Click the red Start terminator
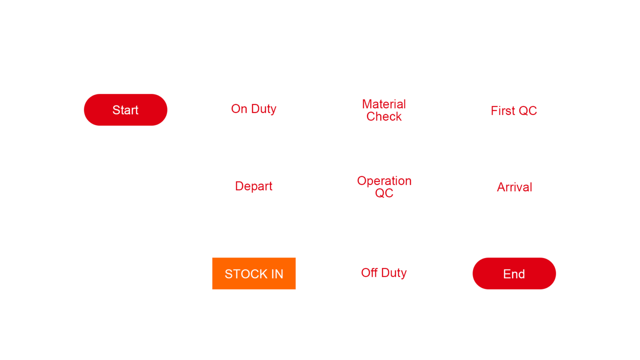click(125, 110)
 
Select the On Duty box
click(254, 110)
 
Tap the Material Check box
click(384, 110)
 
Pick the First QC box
click(514, 110)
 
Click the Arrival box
click(514, 187)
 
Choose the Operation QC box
click(384, 187)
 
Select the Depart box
click(254, 187)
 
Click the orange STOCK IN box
click(254, 273)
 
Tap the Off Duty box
click(384, 273)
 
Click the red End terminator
click(514, 273)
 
